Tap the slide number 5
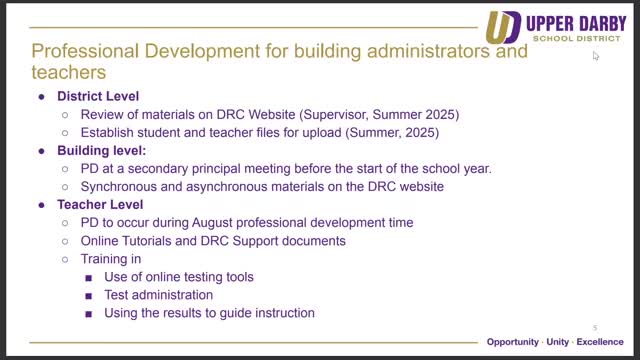click(595, 328)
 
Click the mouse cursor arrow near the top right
click(596, 56)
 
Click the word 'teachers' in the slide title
click(71, 73)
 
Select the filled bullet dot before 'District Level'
click(42, 97)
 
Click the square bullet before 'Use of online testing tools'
click(89, 277)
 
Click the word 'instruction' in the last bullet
click(277, 313)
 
